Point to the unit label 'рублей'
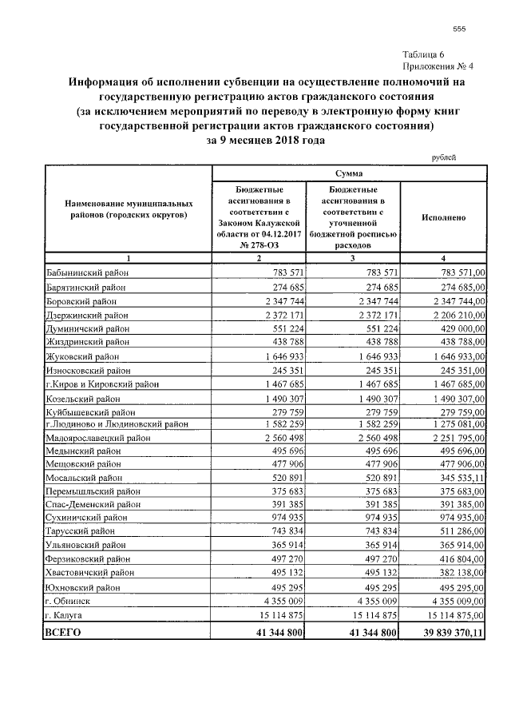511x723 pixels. (x=444, y=157)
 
